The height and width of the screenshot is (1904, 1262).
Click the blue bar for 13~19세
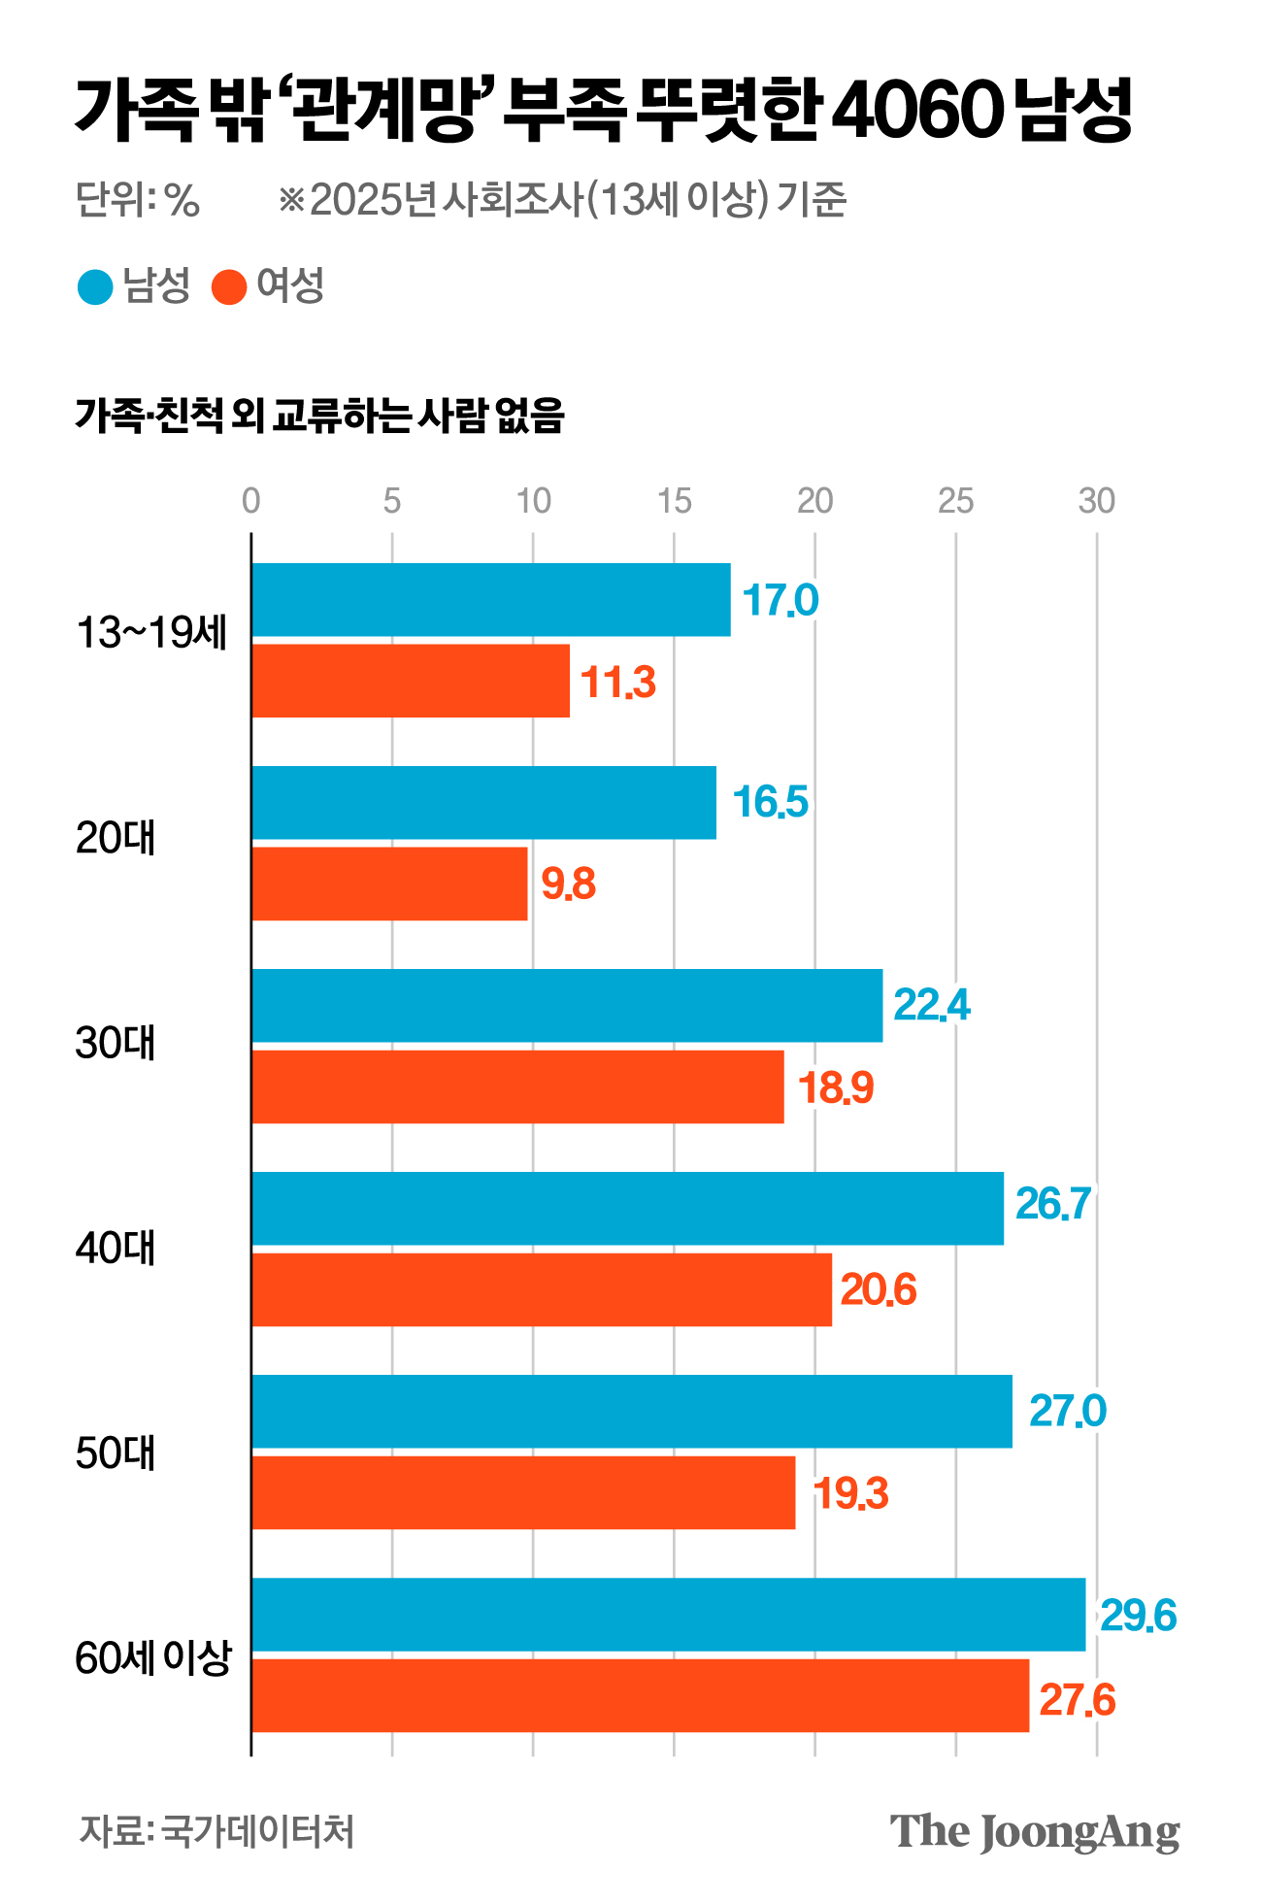[x=490, y=600]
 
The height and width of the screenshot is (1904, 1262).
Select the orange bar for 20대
[x=389, y=884]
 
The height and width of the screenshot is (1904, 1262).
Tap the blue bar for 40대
[x=627, y=1208]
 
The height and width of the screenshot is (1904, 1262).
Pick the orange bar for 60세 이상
[x=640, y=1695]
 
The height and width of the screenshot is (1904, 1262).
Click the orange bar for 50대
[x=523, y=1492]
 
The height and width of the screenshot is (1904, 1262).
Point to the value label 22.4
[x=931, y=1006]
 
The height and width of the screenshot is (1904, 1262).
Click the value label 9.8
[x=568, y=885]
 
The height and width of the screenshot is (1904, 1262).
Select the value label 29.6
[x=1138, y=1616]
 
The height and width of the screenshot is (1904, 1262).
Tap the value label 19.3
[x=850, y=1493]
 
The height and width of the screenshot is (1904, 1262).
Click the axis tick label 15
[x=674, y=501]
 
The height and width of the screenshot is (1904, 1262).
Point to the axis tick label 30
[x=1097, y=501]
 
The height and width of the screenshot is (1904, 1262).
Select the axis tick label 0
[x=251, y=501]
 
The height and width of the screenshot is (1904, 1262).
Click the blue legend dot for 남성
[x=95, y=286]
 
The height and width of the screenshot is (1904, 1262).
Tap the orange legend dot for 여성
[x=229, y=286]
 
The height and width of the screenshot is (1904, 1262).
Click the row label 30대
[x=116, y=1044]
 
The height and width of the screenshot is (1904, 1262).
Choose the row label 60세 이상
[x=153, y=1657]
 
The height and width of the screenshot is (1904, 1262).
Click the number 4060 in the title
[x=915, y=111]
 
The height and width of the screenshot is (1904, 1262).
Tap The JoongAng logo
[x=1035, y=1832]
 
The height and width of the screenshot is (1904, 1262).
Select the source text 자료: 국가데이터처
[x=216, y=1831]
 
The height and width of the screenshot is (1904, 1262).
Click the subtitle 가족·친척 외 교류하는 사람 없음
[x=319, y=416]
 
